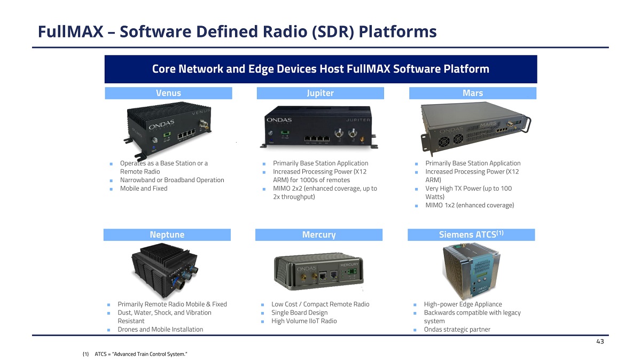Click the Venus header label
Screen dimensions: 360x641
tap(168, 93)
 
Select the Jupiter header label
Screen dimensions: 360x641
tap(320, 93)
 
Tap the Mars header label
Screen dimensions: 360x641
tap(472, 93)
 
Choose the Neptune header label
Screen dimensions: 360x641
tap(167, 234)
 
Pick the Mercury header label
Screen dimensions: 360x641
tap(319, 234)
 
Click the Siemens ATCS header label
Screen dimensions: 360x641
tap(471, 234)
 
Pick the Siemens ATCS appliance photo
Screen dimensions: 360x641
tap(471, 270)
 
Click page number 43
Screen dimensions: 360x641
tap(599, 342)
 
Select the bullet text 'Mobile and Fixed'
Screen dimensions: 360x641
tap(144, 189)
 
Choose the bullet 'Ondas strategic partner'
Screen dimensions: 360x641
tap(457, 330)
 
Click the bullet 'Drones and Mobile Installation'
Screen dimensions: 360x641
tap(160, 330)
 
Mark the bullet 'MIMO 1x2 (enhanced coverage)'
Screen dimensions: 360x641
tap(470, 206)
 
